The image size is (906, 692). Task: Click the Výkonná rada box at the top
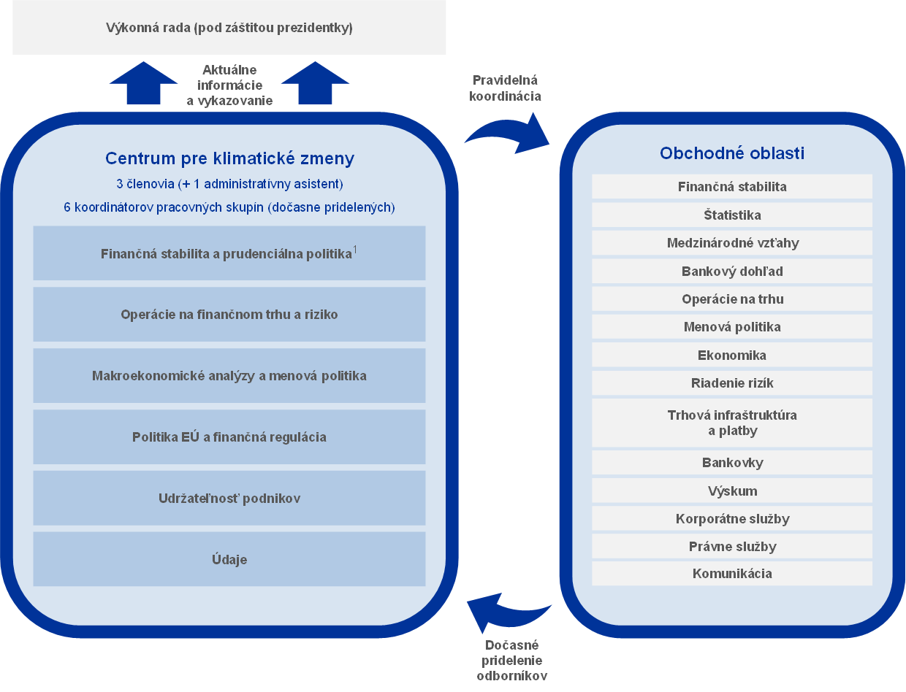click(229, 28)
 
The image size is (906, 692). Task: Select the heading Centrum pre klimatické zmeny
click(229, 158)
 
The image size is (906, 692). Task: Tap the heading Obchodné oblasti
click(732, 153)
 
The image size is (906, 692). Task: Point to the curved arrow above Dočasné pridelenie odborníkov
click(509, 612)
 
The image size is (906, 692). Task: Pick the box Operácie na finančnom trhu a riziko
click(229, 315)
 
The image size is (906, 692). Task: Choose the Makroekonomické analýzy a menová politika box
click(229, 376)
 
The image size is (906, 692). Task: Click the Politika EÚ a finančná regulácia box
click(229, 437)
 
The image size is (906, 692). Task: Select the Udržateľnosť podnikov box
click(229, 499)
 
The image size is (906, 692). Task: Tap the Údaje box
click(229, 559)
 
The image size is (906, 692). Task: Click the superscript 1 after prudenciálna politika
click(355, 250)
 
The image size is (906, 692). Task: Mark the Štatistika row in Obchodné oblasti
click(732, 215)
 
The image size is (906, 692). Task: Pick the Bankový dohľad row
click(732, 271)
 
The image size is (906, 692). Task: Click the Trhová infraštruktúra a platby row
click(732, 423)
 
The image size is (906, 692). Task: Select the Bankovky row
click(732, 462)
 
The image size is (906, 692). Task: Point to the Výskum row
click(732, 491)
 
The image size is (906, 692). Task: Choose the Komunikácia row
click(732, 573)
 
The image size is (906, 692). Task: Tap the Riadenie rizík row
click(732, 382)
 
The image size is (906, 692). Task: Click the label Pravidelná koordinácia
click(506, 88)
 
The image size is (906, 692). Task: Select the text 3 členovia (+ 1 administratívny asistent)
click(229, 183)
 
